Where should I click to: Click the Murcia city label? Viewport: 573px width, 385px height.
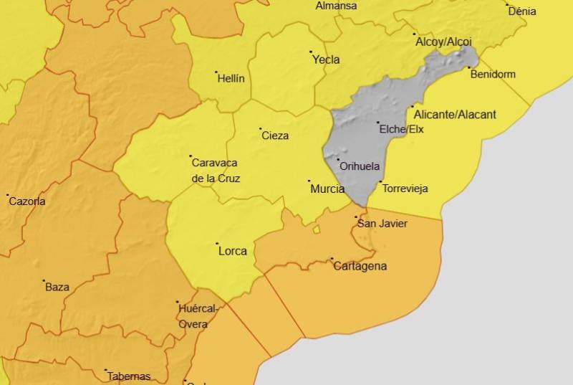click(x=327, y=190)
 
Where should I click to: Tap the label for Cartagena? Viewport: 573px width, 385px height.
click(x=360, y=267)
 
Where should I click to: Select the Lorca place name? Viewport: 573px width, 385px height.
click(x=232, y=251)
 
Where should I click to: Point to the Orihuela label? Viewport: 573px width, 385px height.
click(x=359, y=166)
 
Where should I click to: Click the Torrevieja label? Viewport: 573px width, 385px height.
click(x=405, y=189)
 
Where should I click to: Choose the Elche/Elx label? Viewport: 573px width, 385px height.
click(x=401, y=129)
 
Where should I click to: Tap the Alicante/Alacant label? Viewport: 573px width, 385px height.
click(x=455, y=115)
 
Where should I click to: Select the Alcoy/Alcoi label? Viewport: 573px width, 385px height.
click(x=443, y=42)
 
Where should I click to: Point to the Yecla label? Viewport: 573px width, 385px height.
click(x=326, y=60)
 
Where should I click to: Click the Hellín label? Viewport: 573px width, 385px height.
click(x=231, y=78)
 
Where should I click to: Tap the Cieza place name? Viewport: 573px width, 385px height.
click(x=275, y=136)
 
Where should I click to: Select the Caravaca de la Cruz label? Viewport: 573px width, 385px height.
click(x=215, y=171)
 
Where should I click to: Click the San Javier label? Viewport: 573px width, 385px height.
click(x=382, y=224)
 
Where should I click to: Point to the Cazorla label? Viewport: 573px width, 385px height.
click(x=27, y=201)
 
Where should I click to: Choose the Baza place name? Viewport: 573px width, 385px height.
click(x=57, y=287)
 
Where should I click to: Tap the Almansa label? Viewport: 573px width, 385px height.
click(x=336, y=6)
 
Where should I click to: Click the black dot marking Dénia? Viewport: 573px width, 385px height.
click(x=508, y=5)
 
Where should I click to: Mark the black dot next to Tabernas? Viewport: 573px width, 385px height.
click(x=105, y=371)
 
